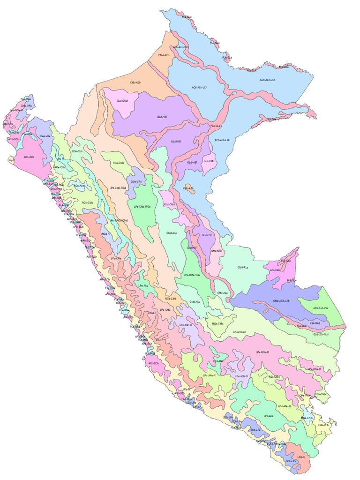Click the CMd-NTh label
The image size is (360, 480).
216,251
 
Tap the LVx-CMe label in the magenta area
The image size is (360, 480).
275,270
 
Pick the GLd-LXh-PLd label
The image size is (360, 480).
320,335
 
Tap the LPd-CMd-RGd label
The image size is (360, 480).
118,187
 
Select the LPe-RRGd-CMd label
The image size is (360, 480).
119,220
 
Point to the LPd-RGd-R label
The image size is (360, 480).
239,332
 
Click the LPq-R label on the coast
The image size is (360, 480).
11,160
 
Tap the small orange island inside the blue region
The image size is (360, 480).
188,188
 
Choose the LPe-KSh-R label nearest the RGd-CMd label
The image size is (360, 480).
186,325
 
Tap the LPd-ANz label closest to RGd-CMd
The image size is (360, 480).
143,285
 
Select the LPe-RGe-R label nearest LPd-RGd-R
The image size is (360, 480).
262,352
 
